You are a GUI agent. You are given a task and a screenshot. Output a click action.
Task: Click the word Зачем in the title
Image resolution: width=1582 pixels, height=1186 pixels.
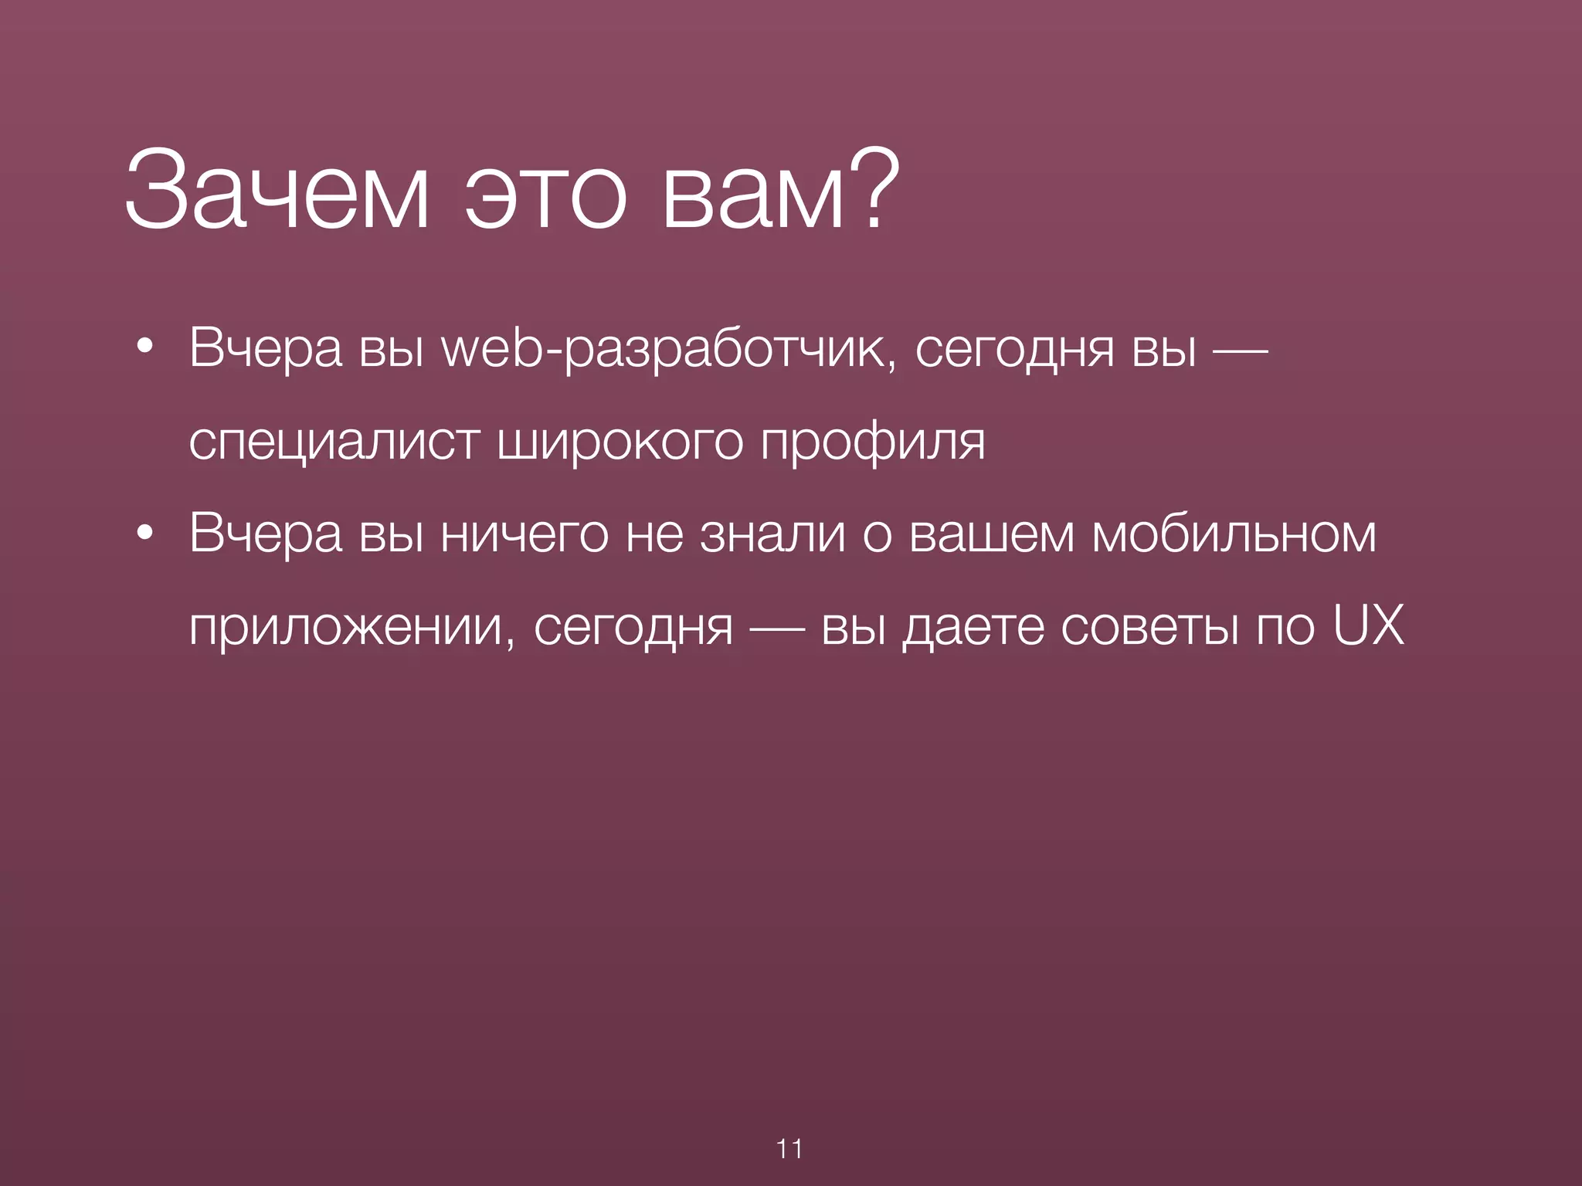(276, 191)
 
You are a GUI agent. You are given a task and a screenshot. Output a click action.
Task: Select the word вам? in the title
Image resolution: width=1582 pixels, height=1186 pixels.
(780, 191)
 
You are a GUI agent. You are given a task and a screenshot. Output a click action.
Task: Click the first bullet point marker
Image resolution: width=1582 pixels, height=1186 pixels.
(144, 349)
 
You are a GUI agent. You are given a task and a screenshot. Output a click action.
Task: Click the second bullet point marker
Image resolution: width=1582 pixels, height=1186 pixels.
(144, 534)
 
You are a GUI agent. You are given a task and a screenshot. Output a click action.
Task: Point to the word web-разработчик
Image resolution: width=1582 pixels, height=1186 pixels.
(669, 349)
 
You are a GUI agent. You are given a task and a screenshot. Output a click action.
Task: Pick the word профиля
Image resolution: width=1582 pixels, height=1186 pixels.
(873, 443)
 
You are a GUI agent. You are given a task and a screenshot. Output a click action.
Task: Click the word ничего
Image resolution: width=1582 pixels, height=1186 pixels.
(525, 534)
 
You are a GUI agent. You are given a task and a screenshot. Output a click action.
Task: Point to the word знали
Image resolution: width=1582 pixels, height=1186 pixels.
(772, 534)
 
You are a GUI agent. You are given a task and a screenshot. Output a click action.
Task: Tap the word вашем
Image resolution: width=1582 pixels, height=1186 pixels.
(992, 534)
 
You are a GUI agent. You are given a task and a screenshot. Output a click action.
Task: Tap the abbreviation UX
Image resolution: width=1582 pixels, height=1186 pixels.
(1368, 625)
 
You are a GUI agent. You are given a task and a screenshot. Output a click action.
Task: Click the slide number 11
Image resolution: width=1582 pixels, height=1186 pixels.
(789, 1149)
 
